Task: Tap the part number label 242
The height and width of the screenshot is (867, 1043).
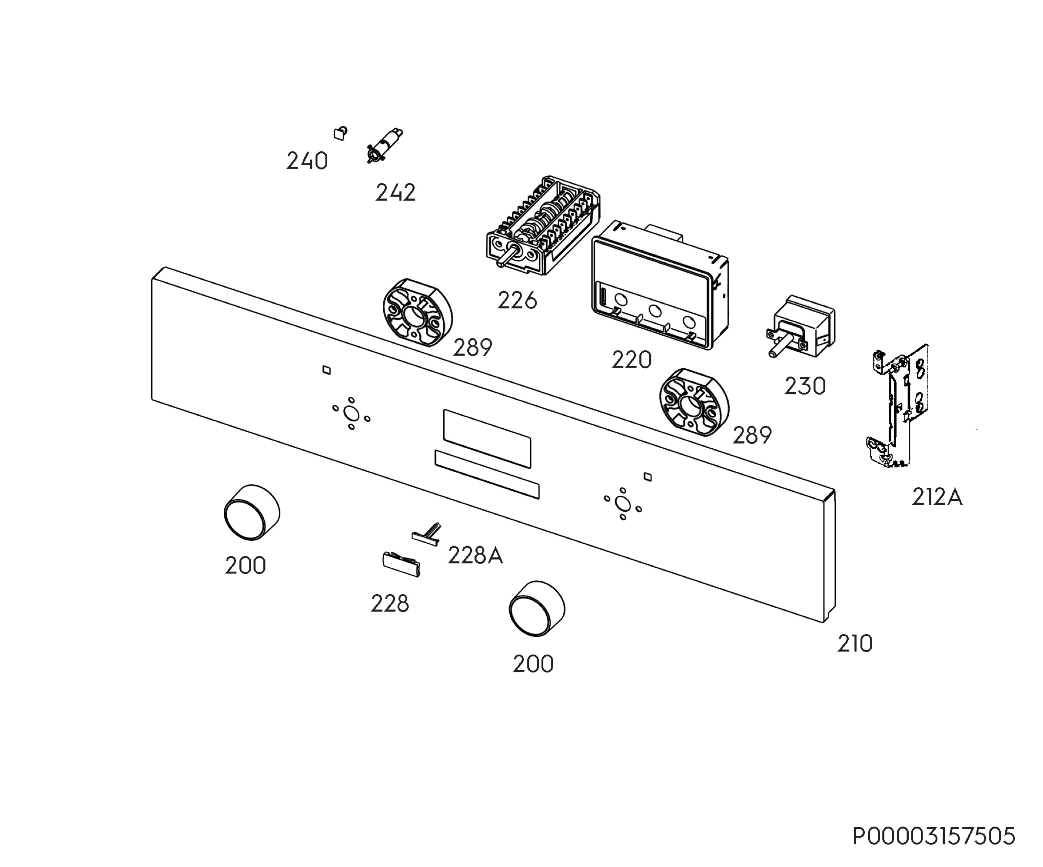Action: [395, 193]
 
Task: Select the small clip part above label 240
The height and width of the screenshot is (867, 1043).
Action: [340, 133]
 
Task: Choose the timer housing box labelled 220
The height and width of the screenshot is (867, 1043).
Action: [660, 285]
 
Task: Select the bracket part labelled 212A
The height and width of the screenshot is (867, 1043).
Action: [897, 406]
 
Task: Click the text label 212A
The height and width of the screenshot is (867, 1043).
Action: [937, 497]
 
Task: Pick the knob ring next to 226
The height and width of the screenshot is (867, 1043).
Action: [417, 312]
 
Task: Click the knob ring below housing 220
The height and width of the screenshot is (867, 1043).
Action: [694, 402]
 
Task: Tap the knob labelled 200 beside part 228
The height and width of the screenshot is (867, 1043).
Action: [252, 512]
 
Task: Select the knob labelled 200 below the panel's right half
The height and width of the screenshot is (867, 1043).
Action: [537, 608]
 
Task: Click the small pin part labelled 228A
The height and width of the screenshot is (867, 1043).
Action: [427, 534]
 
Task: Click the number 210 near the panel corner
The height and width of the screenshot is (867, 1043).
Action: [855, 644]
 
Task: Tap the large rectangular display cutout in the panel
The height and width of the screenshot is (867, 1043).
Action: [487, 438]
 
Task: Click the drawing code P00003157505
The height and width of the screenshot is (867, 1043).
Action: [934, 836]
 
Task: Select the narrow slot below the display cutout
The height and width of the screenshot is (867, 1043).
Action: [487, 474]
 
